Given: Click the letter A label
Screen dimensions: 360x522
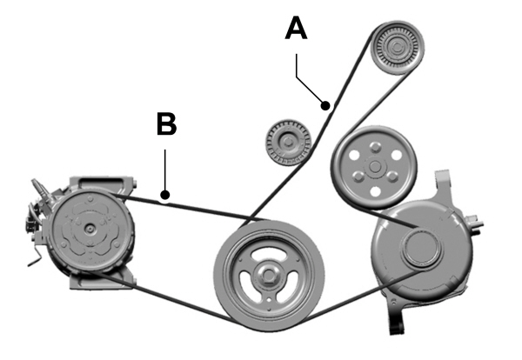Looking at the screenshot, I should [297, 29].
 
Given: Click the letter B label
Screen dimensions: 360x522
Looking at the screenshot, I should [166, 124].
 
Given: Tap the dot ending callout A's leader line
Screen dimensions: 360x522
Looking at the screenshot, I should [326, 106].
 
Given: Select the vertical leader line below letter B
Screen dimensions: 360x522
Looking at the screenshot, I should [165, 170].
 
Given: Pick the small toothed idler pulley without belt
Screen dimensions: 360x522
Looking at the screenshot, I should [284, 141].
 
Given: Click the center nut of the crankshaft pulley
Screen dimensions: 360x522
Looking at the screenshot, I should [269, 276].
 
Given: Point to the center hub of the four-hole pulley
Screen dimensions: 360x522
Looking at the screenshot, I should [374, 163].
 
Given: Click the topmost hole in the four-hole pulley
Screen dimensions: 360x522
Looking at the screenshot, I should [374, 145].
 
